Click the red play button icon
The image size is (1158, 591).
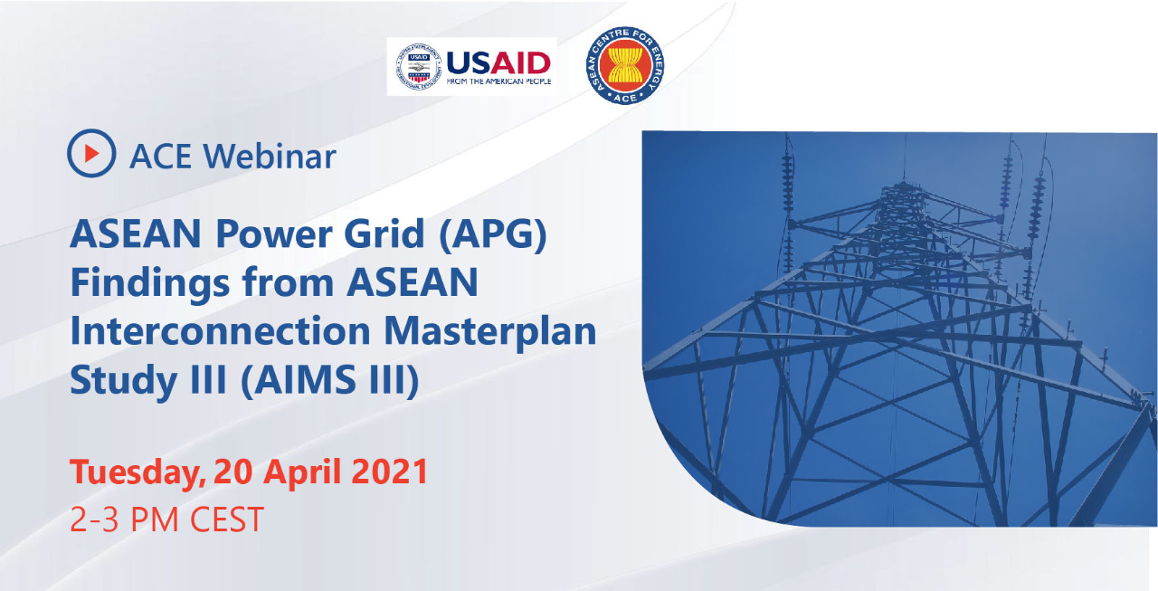91,153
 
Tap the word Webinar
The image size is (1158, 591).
270,157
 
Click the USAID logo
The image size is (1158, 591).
472,66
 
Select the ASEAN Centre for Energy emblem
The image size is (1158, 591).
625,65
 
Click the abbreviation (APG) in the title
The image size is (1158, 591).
493,235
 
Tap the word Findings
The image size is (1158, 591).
150,284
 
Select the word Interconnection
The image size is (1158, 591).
220,331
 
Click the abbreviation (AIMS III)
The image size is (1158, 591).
330,381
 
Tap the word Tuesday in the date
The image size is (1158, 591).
138,473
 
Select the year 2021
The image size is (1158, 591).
389,472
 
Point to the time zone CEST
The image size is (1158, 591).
227,520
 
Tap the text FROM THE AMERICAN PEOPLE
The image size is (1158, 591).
498,81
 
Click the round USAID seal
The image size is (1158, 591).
419,67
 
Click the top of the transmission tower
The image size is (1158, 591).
903,184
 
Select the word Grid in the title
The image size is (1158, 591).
384,234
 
